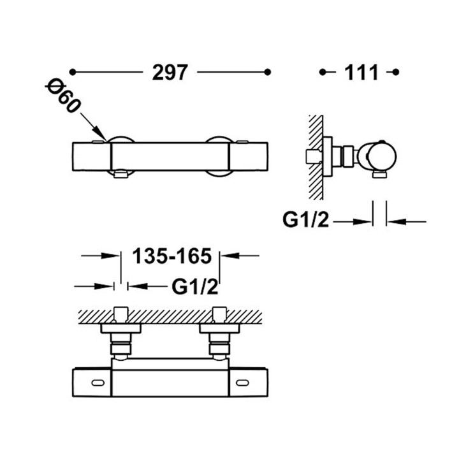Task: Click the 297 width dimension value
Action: (170, 72)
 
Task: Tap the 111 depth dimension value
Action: (362, 72)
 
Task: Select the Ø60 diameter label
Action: (63, 96)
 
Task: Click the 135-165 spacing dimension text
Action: (172, 256)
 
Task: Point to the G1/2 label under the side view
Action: (306, 219)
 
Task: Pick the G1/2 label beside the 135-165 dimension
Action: (195, 287)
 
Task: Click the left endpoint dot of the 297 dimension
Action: (73, 72)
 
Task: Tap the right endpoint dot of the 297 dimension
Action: (267, 72)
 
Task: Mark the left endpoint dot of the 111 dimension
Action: (323, 72)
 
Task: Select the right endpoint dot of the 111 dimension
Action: (396, 72)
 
